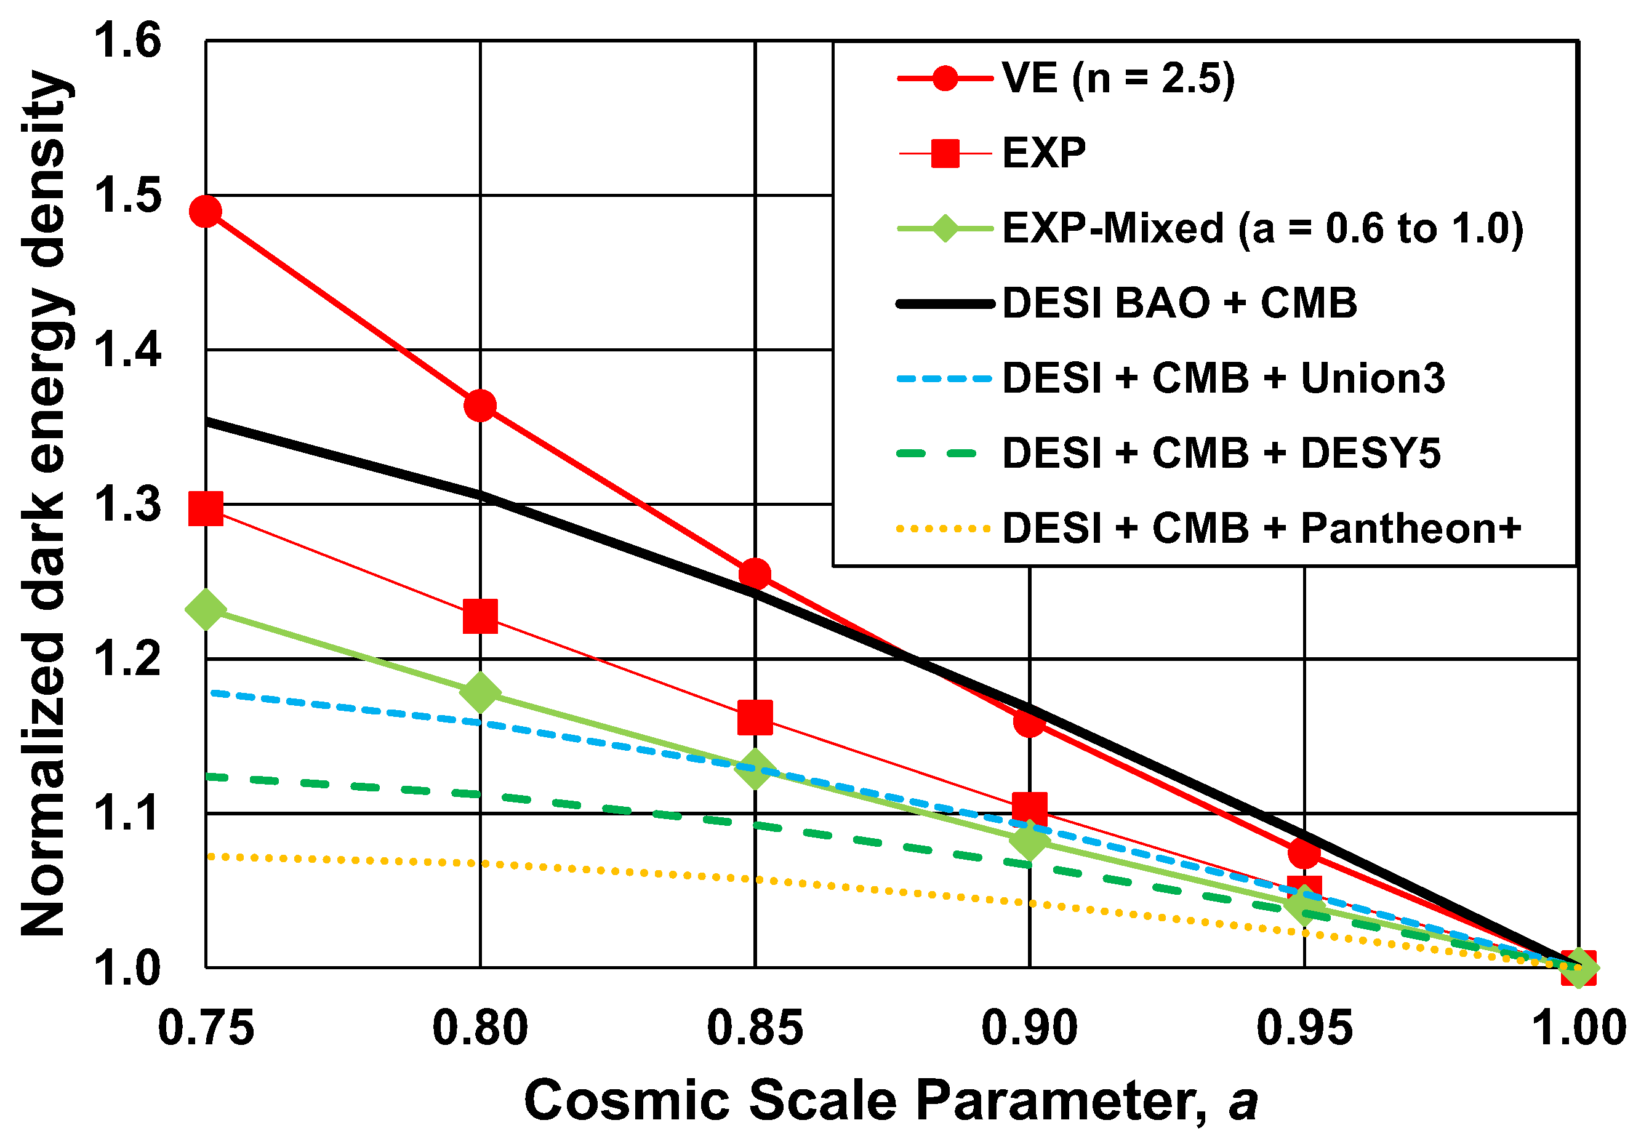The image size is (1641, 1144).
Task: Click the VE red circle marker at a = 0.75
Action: coord(206,212)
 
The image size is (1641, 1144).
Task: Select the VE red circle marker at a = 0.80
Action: coord(480,406)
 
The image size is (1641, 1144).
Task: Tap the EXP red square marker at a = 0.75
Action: coord(206,509)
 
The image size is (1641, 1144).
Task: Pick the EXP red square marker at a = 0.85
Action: coord(755,718)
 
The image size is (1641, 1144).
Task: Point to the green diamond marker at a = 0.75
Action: coord(206,609)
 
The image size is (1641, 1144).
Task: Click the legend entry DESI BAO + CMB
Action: coord(1179,303)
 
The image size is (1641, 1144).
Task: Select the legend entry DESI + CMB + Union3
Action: coord(1223,378)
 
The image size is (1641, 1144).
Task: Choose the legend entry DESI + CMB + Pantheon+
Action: coord(1261,529)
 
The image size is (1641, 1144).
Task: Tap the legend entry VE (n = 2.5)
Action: coord(1118,78)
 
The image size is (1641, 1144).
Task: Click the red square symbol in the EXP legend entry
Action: coord(945,153)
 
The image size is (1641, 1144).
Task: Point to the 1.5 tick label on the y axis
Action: coord(127,195)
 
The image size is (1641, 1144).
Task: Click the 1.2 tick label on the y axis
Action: coord(127,658)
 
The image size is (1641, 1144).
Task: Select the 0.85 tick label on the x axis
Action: coord(755,1029)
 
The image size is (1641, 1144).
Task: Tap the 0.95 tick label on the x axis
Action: coord(1304,1029)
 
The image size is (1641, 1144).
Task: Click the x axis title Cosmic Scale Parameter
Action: coord(890,1101)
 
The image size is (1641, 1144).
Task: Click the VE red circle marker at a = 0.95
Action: coord(1304,853)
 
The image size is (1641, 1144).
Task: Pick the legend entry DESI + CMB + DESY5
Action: coord(1221,453)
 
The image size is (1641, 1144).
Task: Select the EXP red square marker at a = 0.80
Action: coord(480,616)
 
